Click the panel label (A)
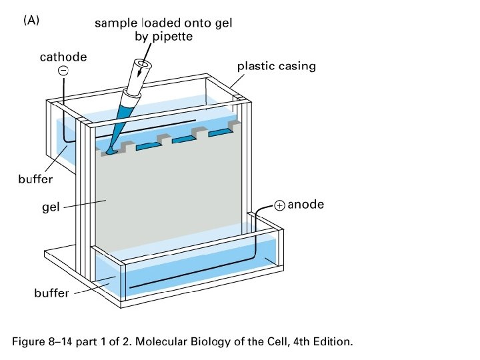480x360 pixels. coord(31,21)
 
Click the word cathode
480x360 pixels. coord(63,57)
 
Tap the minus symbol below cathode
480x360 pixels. coord(63,71)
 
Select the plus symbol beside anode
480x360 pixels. coord(279,206)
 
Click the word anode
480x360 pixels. coord(305,205)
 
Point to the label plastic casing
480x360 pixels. coord(277,66)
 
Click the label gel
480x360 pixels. coord(51,207)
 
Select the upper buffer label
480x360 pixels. coord(35,179)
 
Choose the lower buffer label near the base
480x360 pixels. coord(51,293)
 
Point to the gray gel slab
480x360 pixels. coord(167,200)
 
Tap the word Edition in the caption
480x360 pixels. coord(331,342)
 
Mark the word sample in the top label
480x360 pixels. coord(113,23)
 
